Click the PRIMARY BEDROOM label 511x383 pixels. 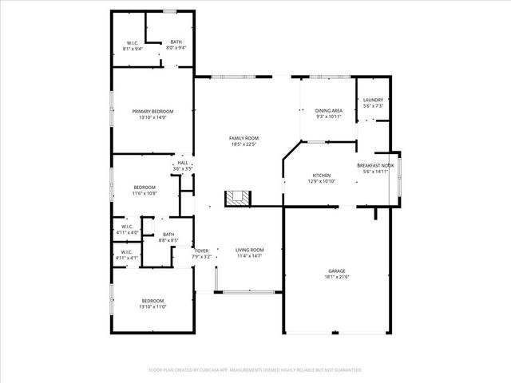152,111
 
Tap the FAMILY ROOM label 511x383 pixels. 244,138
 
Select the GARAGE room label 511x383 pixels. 337,270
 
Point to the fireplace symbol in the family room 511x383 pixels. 236,199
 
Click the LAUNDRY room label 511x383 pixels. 373,100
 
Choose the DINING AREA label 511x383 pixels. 328,111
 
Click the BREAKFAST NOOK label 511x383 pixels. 375,165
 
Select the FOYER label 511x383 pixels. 201,251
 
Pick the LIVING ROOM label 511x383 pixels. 249,251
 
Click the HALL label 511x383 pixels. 183,163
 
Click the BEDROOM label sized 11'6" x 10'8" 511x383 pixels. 145,187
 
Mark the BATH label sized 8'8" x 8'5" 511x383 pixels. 168,234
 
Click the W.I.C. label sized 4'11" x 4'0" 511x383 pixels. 127,227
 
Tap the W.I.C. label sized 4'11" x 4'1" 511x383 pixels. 127,253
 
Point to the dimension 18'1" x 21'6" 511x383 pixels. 337,276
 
